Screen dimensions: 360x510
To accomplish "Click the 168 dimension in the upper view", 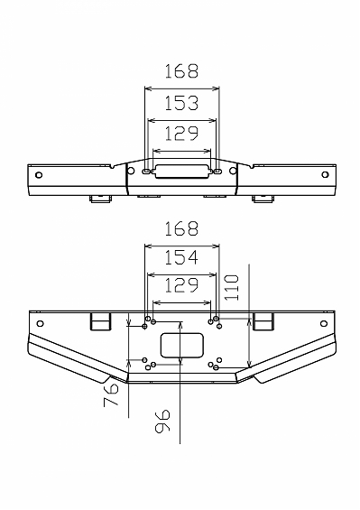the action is (181, 71).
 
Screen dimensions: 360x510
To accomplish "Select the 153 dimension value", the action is (181, 103).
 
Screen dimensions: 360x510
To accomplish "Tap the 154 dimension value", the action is (181, 257).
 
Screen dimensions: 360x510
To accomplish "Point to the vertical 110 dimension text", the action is (232, 288).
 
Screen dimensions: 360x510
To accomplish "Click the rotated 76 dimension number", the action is (111, 394).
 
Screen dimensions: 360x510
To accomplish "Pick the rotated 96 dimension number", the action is (162, 422).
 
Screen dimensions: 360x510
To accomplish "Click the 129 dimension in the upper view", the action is (181, 134).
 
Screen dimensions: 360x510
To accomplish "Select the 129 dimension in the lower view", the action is (181, 285).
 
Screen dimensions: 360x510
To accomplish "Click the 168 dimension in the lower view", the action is (181, 228).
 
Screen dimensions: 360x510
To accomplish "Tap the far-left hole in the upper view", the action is (39, 175).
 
